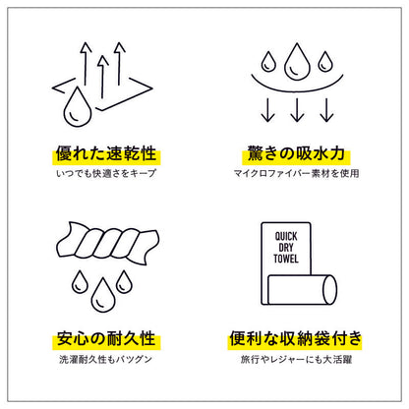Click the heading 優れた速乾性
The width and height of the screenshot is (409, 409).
click(x=106, y=153)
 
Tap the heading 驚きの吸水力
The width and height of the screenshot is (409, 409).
click(x=296, y=153)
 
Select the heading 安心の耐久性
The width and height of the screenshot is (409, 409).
click(x=106, y=338)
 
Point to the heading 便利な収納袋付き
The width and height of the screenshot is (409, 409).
click(x=295, y=338)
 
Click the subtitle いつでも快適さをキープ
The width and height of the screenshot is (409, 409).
click(x=106, y=173)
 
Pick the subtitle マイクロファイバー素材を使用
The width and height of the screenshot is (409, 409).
click(x=296, y=173)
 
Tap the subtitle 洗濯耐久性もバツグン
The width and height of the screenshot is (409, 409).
click(x=105, y=359)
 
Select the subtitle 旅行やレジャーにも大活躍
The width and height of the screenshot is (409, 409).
click(x=296, y=359)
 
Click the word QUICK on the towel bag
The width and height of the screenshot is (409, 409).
click(x=286, y=236)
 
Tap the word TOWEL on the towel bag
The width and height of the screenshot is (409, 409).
click(x=286, y=259)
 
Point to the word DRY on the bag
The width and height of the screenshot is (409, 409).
click(x=286, y=248)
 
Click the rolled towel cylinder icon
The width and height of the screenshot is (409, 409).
click(x=302, y=290)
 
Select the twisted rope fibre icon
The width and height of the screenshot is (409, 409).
click(x=108, y=243)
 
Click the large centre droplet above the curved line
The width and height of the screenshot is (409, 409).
click(x=297, y=62)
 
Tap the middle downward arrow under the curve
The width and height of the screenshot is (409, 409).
click(x=297, y=110)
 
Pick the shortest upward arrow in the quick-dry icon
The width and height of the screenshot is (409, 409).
click(x=103, y=77)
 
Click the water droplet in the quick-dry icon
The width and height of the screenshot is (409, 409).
click(x=78, y=107)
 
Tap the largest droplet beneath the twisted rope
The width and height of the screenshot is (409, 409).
click(x=103, y=295)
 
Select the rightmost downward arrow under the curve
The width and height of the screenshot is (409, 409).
click(x=326, y=110)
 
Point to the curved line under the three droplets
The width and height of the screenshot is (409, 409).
click(x=297, y=89)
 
